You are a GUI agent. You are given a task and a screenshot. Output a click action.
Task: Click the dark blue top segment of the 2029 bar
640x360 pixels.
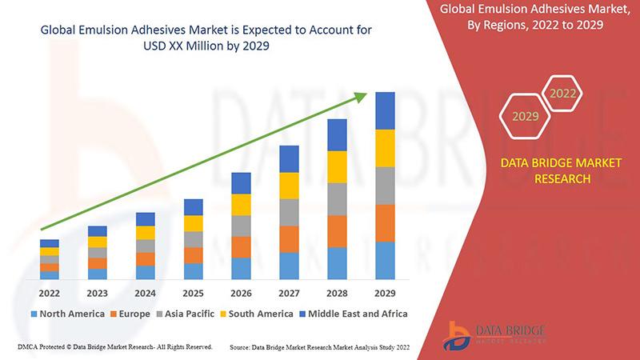pos(385,110)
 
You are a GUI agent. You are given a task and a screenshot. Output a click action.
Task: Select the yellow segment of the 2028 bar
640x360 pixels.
pos(337,166)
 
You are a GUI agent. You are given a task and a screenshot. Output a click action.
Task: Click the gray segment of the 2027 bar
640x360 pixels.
pos(289,212)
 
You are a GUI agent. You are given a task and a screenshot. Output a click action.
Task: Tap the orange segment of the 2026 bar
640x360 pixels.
pos(241,246)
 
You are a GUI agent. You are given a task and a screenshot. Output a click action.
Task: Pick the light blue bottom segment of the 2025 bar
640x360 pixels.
pos(193,271)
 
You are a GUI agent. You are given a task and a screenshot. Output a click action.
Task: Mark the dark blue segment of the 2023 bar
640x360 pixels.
pos(97,231)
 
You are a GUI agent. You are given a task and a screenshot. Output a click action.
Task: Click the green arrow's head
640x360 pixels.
pos(362,97)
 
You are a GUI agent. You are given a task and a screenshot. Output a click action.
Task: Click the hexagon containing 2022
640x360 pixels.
pos(562,94)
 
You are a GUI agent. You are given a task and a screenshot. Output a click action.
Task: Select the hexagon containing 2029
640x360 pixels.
pos(525,117)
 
